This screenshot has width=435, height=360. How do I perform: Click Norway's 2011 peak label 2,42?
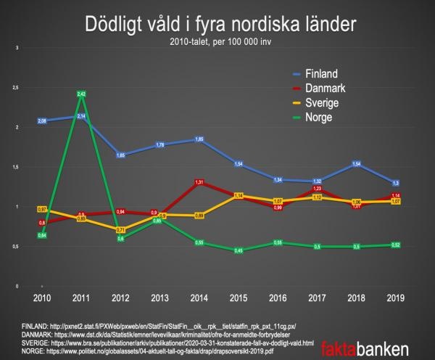82,94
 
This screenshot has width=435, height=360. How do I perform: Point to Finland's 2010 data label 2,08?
42,121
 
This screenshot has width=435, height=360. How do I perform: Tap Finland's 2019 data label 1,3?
395,183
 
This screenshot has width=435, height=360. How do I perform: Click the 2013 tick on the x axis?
159,298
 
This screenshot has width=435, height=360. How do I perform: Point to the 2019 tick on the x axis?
395,298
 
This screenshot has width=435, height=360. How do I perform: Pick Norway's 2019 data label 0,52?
395,245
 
